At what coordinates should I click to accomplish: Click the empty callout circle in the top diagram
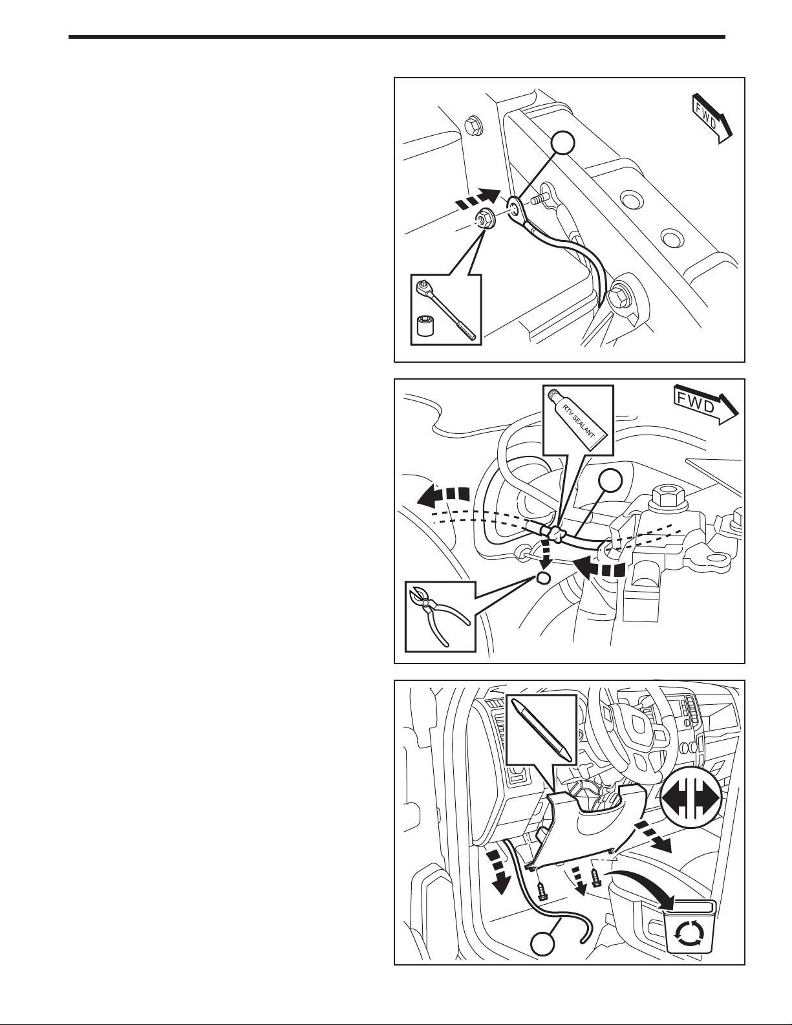(563, 144)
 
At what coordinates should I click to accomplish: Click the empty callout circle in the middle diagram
(610, 481)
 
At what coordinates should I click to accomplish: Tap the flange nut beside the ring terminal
(481, 220)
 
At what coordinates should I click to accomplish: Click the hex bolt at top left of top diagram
(471, 125)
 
